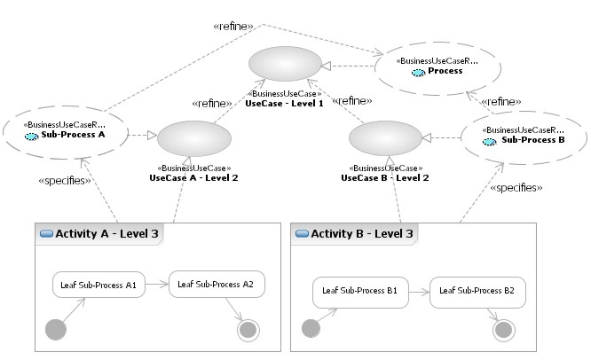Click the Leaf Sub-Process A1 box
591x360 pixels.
(98, 286)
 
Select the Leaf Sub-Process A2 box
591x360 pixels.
(217, 285)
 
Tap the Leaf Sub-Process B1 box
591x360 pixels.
(360, 291)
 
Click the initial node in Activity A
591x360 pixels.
(56, 330)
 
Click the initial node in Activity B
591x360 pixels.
(311, 329)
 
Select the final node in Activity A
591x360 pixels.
(249, 330)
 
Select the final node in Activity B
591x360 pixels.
(504, 329)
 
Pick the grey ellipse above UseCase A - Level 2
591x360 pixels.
(193, 140)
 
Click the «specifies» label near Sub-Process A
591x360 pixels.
(65, 181)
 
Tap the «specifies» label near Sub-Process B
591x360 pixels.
(516, 188)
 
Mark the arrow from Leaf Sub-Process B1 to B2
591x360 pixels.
(419, 291)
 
